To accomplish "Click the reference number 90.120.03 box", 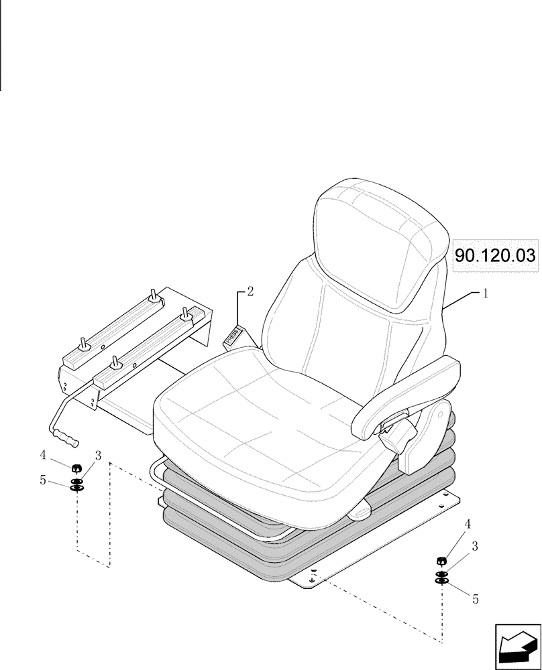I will (x=496, y=255).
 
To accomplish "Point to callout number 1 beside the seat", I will (x=486, y=293).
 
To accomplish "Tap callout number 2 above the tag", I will (x=250, y=291).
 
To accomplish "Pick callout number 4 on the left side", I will (x=42, y=455).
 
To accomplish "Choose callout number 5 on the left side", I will (x=43, y=480).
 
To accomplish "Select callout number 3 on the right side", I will (x=475, y=546).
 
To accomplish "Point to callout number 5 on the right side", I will (x=476, y=600).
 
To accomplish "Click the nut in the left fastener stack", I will (x=76, y=468).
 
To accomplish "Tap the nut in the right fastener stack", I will (x=441, y=561).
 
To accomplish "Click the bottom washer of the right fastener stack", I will (x=441, y=580).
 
